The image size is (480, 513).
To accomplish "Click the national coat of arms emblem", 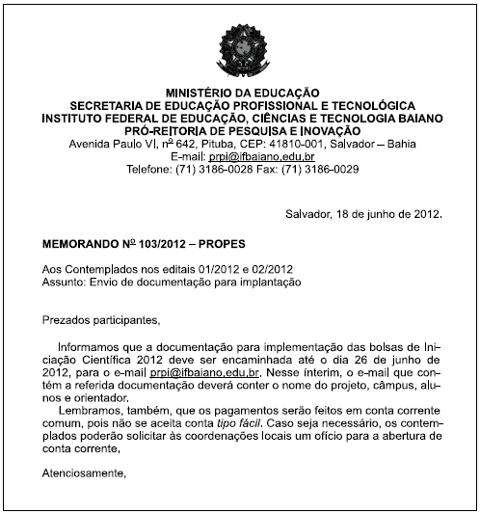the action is point(240,45).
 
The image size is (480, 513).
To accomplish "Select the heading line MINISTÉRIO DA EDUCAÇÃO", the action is point(240,91).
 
